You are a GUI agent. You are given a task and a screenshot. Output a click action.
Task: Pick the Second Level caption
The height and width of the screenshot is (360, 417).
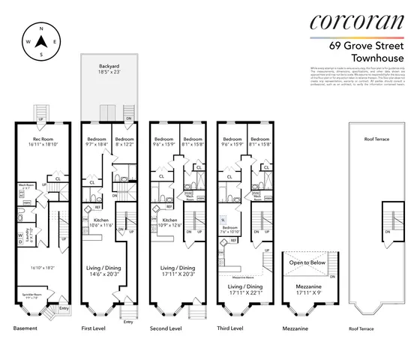pos(166,328)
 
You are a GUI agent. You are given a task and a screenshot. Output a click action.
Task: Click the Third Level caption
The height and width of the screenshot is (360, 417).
pos(234,328)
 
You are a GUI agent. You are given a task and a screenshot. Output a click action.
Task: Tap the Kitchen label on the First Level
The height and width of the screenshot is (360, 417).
pos(100,222)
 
